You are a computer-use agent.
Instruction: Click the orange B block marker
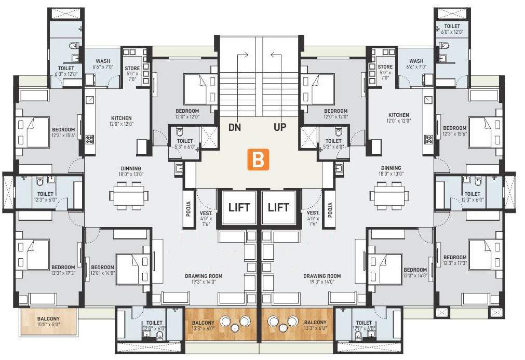pyautogui.click(x=258, y=159)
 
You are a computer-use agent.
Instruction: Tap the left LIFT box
pyautogui.click(x=239, y=207)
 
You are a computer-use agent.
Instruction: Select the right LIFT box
pyautogui.click(x=278, y=207)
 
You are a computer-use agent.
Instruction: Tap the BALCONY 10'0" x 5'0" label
pyautogui.click(x=48, y=322)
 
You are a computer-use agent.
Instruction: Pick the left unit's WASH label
pyautogui.click(x=103, y=64)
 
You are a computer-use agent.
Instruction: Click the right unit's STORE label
pyautogui.click(x=385, y=70)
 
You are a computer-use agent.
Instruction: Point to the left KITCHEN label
pyautogui.click(x=122, y=121)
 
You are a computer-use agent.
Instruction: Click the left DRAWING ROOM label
pyautogui.click(x=204, y=279)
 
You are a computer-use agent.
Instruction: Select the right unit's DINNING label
pyautogui.click(x=391, y=171)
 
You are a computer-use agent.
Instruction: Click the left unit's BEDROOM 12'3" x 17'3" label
pyautogui.click(x=63, y=270)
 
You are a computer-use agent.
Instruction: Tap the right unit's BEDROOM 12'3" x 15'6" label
pyautogui.click(x=454, y=131)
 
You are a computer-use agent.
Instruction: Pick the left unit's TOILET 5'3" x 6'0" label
pyautogui.click(x=185, y=144)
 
